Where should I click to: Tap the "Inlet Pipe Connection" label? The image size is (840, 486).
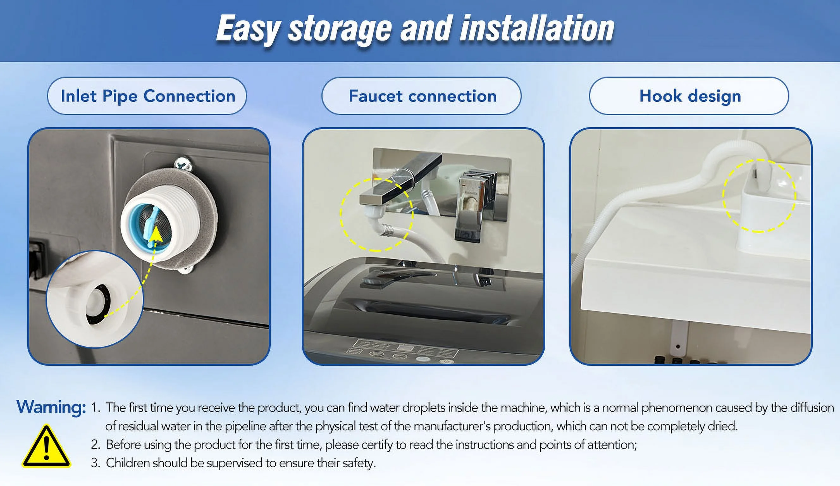point(148,96)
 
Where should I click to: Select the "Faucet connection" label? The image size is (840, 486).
point(423,96)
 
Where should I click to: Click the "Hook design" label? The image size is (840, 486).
point(690,96)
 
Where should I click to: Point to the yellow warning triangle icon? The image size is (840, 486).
point(46,446)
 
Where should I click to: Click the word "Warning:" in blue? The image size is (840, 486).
point(51,407)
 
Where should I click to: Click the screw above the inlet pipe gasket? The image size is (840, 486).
point(183,165)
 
